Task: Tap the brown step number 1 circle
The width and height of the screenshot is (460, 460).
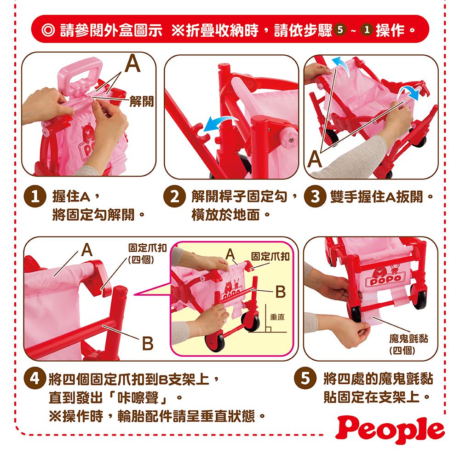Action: pyautogui.click(x=35, y=196)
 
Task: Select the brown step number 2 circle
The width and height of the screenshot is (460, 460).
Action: pyautogui.click(x=174, y=196)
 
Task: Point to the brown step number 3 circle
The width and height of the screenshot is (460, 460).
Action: pyautogui.click(x=315, y=196)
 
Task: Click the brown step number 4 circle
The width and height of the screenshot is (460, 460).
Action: pyautogui.click(x=35, y=379)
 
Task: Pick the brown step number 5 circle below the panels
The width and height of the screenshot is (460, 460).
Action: pyautogui.click(x=305, y=378)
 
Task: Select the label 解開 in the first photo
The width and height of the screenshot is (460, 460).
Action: pyautogui.click(x=141, y=102)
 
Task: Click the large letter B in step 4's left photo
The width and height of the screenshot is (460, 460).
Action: pyautogui.click(x=148, y=343)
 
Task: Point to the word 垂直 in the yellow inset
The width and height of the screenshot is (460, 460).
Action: pyautogui.click(x=277, y=317)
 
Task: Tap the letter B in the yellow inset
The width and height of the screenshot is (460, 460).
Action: pyautogui.click(x=280, y=292)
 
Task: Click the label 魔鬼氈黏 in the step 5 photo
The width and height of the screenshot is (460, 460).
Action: pyautogui.click(x=408, y=339)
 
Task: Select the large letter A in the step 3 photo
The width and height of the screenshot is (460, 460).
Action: pyautogui.click(x=315, y=159)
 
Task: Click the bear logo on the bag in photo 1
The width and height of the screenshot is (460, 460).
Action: pyautogui.click(x=86, y=132)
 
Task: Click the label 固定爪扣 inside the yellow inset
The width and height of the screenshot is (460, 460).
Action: pyautogui.click(x=270, y=256)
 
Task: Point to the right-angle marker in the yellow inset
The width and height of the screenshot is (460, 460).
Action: pyautogui.click(x=268, y=329)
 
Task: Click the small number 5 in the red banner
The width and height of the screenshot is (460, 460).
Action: pyautogui.click(x=340, y=29)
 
